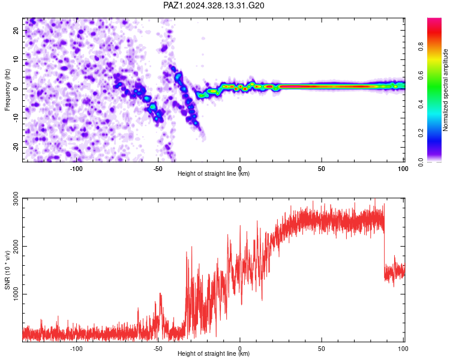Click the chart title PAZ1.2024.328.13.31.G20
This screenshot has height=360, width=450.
(214, 5)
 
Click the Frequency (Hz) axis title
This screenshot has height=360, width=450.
(7, 90)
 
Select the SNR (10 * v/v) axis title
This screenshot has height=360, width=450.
(7, 270)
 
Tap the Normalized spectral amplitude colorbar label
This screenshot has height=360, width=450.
(445, 90)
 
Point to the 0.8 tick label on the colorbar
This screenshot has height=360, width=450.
(421, 47)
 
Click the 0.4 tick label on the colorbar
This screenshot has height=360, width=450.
(421, 104)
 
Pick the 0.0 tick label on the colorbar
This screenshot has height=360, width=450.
(421, 162)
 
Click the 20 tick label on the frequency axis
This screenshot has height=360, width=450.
(16, 31)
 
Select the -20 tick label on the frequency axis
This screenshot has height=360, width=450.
(16, 147)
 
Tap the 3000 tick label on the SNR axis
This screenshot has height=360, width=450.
(16, 199)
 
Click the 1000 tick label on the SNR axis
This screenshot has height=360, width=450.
(16, 294)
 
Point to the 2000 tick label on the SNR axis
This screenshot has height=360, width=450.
(16, 247)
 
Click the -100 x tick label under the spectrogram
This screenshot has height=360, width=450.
(76, 169)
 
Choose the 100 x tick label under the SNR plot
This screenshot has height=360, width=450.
(403, 349)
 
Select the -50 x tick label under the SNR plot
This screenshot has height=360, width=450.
(158, 349)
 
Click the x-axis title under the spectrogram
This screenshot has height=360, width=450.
(214, 173)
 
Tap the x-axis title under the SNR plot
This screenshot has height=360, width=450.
(214, 353)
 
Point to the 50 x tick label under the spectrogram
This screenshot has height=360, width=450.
(322, 169)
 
